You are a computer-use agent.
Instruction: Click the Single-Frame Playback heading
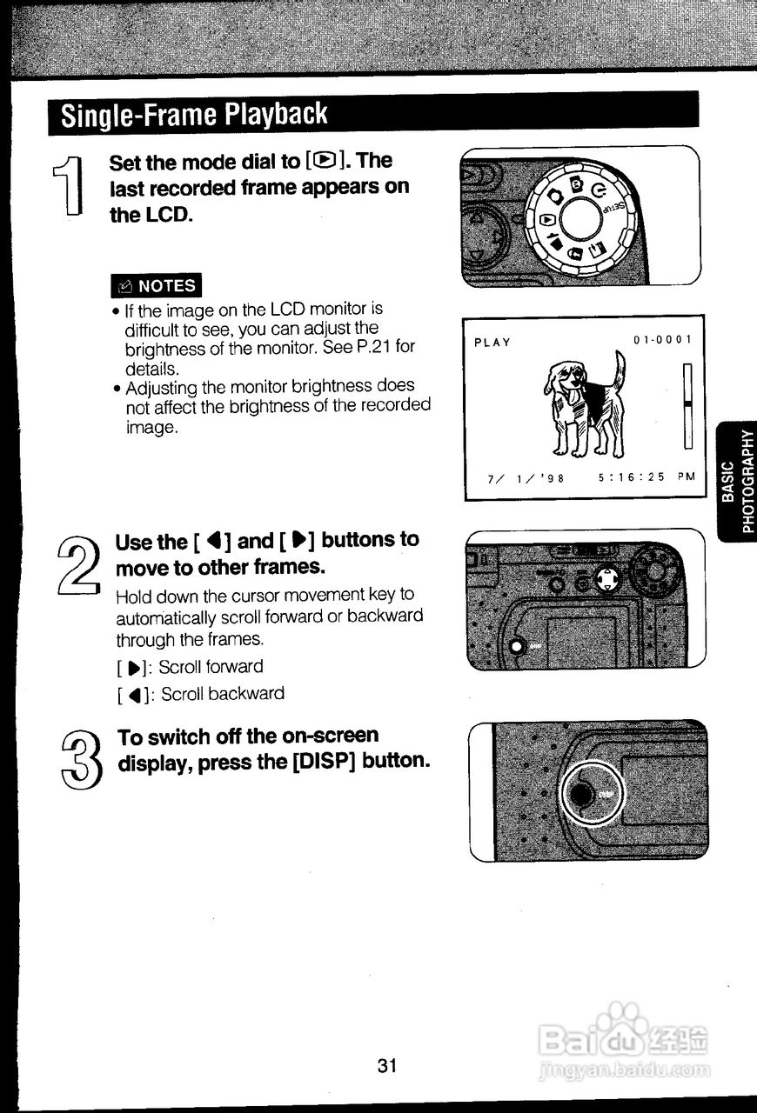194,114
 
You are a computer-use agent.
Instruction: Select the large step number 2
77,564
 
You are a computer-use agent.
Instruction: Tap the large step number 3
82,756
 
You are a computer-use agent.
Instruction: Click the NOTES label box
157,285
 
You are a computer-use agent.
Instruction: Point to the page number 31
388,1066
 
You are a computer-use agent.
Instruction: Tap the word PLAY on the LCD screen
492,343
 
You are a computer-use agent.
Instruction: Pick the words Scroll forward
211,667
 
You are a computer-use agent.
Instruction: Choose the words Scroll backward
223,694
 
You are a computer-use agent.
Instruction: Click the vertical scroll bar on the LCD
687,406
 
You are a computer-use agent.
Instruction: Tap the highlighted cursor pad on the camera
608,579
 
